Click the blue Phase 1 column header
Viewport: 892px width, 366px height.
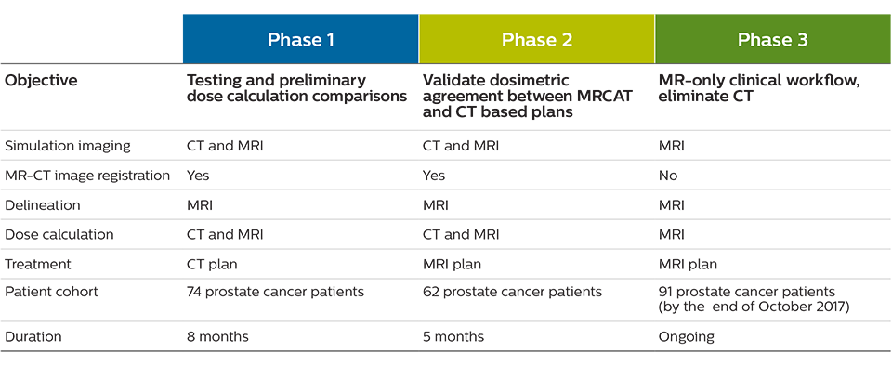pyautogui.click(x=300, y=39)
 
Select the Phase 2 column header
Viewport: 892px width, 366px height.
pyautogui.click(x=536, y=39)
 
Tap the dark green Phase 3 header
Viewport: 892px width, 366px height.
pyautogui.click(x=773, y=39)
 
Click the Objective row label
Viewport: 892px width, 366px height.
pyautogui.click(x=41, y=81)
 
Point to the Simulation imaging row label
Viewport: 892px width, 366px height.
pyautogui.click(x=68, y=146)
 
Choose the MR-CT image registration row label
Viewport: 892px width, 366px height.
pyautogui.click(x=87, y=176)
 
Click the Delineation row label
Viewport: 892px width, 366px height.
pyautogui.click(x=42, y=205)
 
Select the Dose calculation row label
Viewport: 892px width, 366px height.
pyautogui.click(x=59, y=235)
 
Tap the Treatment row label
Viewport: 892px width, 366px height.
pyautogui.click(x=38, y=264)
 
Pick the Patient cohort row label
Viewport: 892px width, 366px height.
pyautogui.click(x=51, y=292)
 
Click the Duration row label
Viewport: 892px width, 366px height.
pyautogui.click(x=33, y=337)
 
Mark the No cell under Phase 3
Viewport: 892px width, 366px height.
pyautogui.click(x=668, y=176)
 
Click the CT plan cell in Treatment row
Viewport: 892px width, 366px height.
pyautogui.click(x=212, y=264)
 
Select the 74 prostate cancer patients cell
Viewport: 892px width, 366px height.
pyautogui.click(x=275, y=292)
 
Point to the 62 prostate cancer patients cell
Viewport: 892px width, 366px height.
pyautogui.click(x=512, y=292)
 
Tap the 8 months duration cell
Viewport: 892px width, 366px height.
pyautogui.click(x=217, y=337)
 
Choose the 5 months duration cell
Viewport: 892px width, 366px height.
pyautogui.click(x=453, y=337)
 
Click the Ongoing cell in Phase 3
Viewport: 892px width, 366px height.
pyautogui.click(x=686, y=337)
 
